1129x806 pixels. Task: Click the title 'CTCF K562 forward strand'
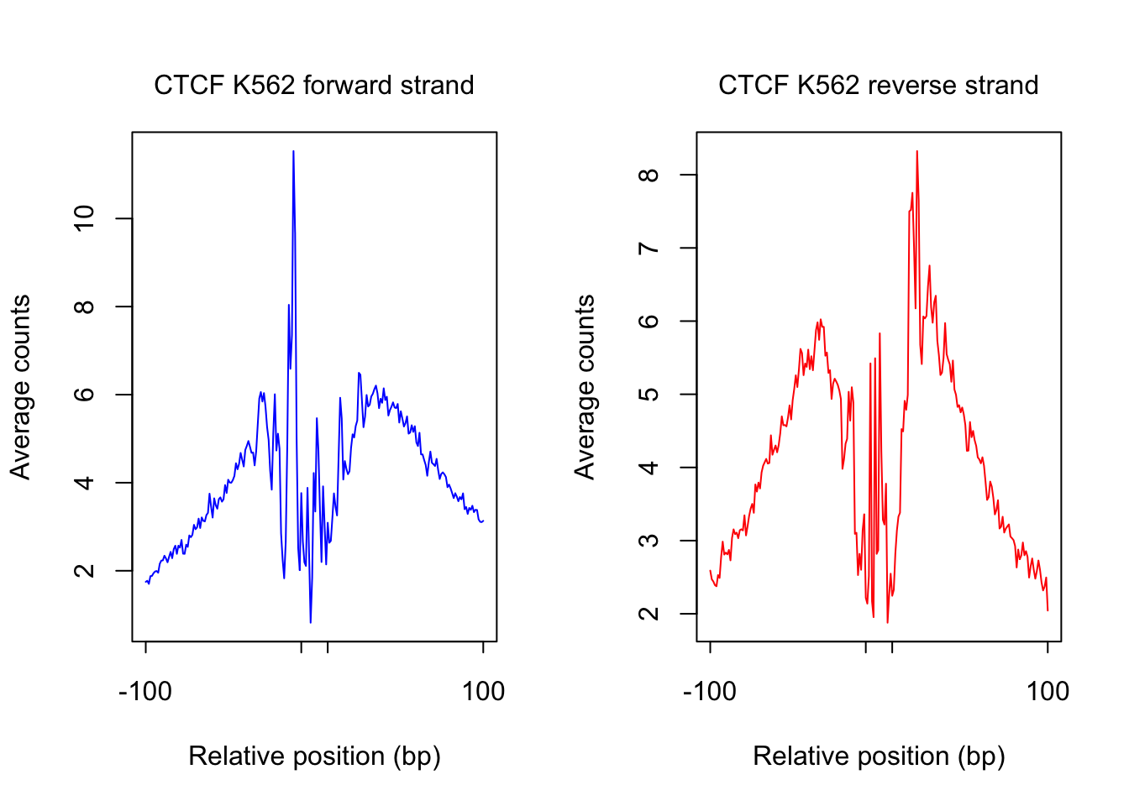click(x=313, y=86)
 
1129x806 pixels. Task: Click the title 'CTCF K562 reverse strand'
click(x=878, y=86)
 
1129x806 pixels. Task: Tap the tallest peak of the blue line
click(x=293, y=152)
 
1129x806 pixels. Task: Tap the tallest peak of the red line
click(x=916, y=152)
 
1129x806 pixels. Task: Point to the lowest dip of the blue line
click(x=311, y=622)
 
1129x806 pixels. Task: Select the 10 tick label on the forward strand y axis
click(x=85, y=219)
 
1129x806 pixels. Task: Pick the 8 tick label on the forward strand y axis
click(x=85, y=306)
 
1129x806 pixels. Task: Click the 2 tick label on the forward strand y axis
click(x=85, y=571)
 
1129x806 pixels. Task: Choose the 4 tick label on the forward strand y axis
click(x=85, y=483)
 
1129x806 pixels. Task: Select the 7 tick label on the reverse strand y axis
click(x=649, y=249)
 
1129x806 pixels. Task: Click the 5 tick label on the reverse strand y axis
click(x=649, y=395)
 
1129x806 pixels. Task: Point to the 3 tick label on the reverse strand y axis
click(x=649, y=541)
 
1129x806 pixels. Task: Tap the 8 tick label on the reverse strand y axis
click(x=649, y=175)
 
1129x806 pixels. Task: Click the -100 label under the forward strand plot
click(x=145, y=692)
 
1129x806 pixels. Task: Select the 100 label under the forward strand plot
click(x=483, y=692)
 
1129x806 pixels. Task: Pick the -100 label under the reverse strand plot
click(x=710, y=692)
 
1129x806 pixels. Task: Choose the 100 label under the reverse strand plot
click(x=1048, y=692)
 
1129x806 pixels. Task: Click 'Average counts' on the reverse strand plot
click(x=585, y=387)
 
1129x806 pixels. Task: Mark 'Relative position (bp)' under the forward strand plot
click(x=314, y=756)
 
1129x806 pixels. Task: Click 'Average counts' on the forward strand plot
click(x=20, y=387)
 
